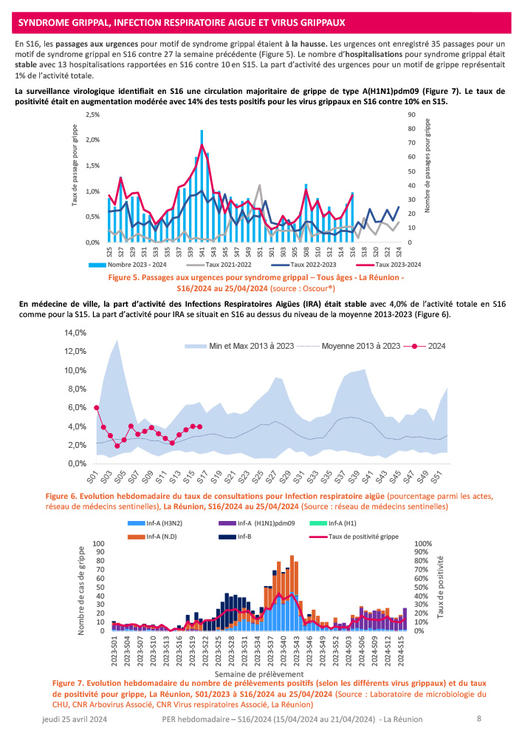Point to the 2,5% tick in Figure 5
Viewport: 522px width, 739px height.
(92, 115)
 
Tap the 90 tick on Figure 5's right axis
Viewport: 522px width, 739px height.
(411, 115)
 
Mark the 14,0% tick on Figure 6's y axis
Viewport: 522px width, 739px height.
(76, 333)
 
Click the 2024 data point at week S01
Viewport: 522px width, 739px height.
(97, 408)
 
